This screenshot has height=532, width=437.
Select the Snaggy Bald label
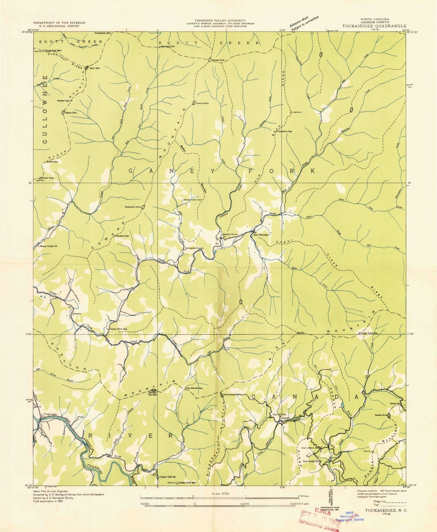coord(220,60)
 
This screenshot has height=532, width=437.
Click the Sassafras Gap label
coord(285,131)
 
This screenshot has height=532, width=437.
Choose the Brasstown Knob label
coord(132,207)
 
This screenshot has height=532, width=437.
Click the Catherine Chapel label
coord(194,248)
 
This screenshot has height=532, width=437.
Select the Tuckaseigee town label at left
coord(50,414)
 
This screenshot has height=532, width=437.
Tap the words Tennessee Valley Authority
coord(220,20)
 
